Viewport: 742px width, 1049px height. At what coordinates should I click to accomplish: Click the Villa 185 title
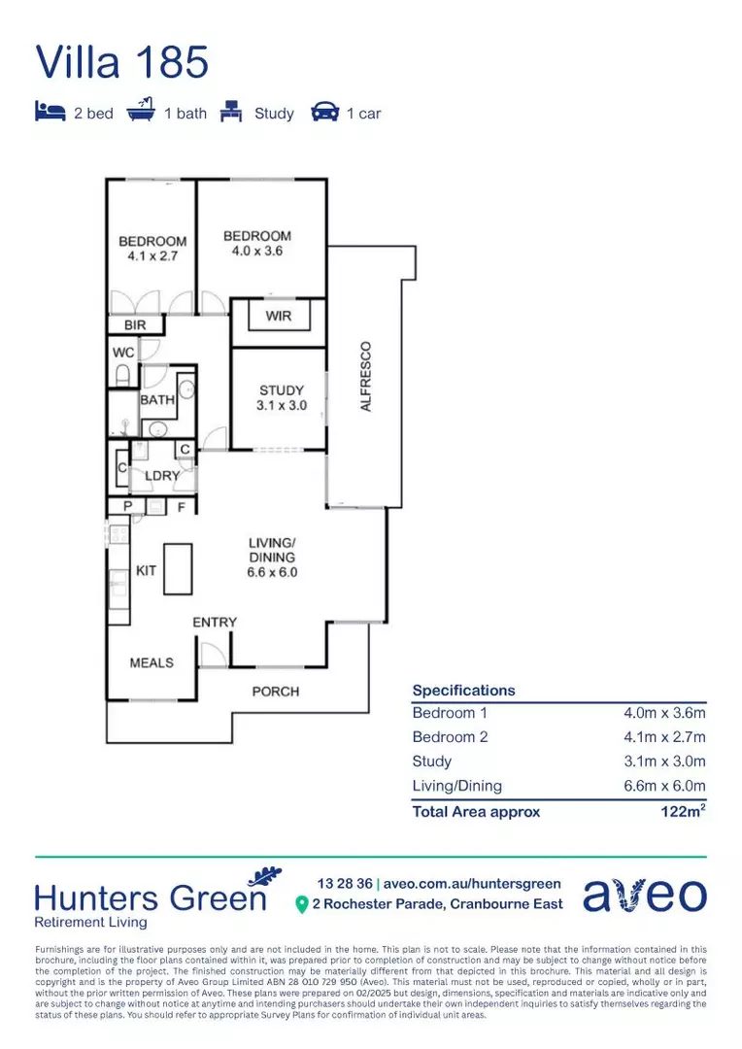(122, 62)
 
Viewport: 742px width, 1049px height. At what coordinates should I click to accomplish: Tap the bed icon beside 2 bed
(50, 113)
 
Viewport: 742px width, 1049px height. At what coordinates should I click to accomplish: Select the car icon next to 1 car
(324, 113)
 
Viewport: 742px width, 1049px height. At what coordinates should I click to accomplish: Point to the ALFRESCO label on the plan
(366, 376)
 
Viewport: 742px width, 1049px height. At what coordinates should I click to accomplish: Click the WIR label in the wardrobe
(278, 317)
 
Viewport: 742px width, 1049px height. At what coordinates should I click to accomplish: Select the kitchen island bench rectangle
(177, 568)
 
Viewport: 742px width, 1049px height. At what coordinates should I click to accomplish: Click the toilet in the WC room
(124, 375)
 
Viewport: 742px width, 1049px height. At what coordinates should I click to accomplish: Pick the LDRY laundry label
(162, 477)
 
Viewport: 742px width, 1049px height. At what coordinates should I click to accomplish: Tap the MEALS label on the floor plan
(152, 662)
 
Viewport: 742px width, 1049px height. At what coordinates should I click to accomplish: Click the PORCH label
(276, 692)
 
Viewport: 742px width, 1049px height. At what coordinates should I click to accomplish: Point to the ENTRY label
(215, 622)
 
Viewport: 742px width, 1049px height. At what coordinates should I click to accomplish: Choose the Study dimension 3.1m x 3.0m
(664, 761)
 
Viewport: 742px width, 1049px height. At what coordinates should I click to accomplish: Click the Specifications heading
(463, 691)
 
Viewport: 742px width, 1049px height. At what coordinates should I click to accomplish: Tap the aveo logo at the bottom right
(645, 895)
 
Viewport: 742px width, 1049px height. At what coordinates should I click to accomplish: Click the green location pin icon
(301, 904)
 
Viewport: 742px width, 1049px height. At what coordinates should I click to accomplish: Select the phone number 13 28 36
(344, 883)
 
